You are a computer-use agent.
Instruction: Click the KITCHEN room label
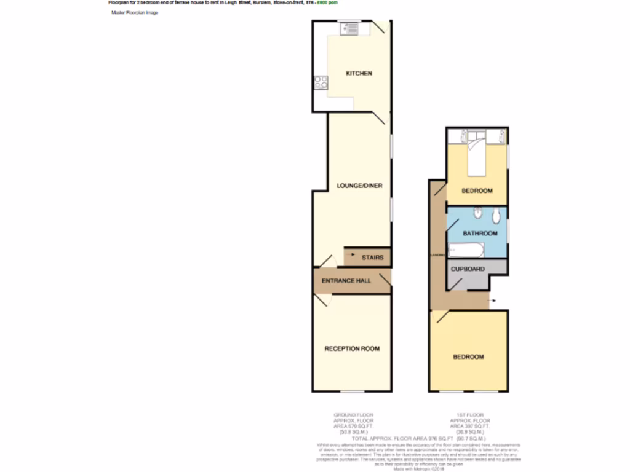pyautogui.click(x=359, y=74)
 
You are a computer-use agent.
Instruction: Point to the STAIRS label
pyautogui.click(x=373, y=258)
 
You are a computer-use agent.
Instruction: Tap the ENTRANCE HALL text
pyautogui.click(x=346, y=281)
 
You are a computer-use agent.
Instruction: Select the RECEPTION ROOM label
pyautogui.click(x=352, y=348)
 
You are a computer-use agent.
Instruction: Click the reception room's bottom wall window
pyautogui.click(x=352, y=391)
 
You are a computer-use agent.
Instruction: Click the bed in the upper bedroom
pyautogui.click(x=476, y=157)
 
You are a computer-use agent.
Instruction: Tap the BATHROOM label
pyautogui.click(x=480, y=234)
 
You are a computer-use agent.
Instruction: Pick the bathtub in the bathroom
pyautogui.click(x=466, y=250)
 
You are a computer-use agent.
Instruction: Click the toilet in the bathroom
pyautogui.click(x=496, y=216)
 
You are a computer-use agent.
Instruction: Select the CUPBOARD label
pyautogui.click(x=468, y=269)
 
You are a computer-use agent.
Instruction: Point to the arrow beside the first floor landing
pyautogui.click(x=493, y=301)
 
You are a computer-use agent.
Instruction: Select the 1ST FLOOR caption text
pyautogui.click(x=468, y=415)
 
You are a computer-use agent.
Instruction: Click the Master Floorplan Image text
pyautogui.click(x=135, y=12)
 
